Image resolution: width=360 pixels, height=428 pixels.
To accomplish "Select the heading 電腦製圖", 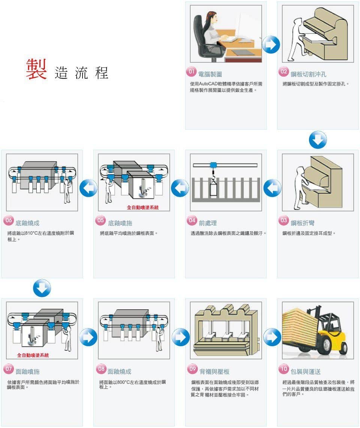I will coord(210,74).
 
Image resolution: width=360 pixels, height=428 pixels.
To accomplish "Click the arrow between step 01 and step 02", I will coord(271,45).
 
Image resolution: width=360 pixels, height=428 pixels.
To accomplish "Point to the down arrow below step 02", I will coord(318,140).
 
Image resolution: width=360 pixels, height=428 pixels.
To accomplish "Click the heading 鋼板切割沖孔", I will coord(308,74).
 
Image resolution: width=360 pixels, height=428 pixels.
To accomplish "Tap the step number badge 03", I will coord(284,221).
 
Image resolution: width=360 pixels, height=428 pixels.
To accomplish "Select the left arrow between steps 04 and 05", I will coord(180,188).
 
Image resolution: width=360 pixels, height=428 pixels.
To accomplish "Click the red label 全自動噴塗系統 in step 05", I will coord(142,207).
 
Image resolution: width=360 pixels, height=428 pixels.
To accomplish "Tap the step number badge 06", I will coord(8,221).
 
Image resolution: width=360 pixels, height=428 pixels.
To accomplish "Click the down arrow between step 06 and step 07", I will coord(42,288).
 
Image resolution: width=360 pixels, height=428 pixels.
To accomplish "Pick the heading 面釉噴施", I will coord(27,372).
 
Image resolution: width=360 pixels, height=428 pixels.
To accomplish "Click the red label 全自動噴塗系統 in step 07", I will coord(33,355).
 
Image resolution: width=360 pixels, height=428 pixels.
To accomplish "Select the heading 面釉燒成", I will coord(119,372).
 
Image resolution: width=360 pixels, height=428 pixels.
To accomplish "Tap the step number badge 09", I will coord(192,369).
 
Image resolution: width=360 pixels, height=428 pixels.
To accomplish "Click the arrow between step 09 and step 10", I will coord(272,337).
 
